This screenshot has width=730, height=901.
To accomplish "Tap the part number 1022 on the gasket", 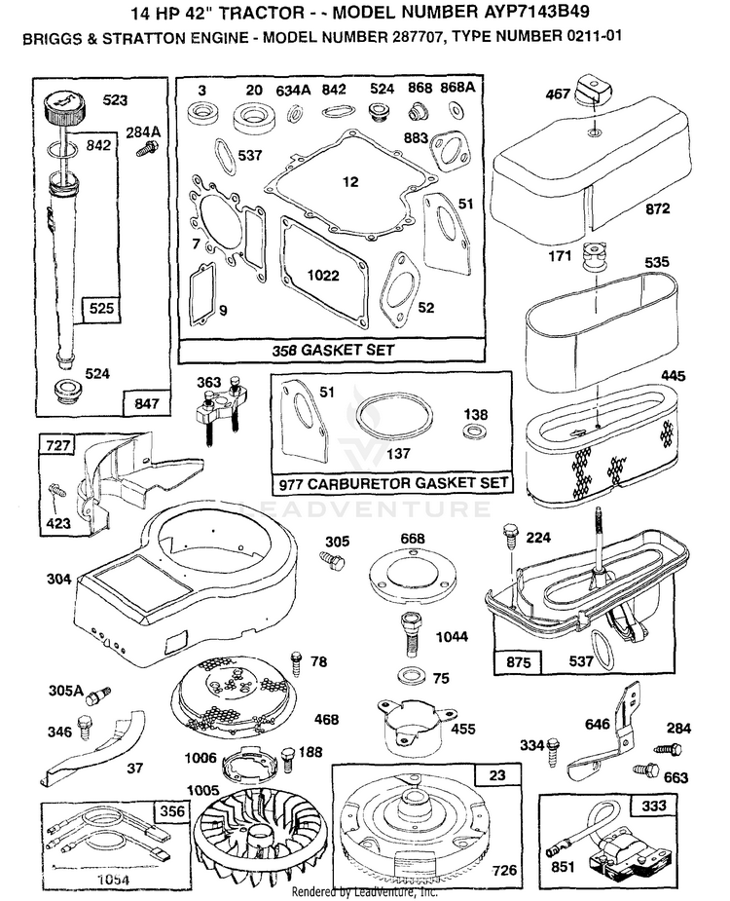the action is click(x=323, y=276).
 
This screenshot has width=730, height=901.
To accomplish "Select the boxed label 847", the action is click(x=146, y=403).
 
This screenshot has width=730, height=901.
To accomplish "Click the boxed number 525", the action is click(x=101, y=309).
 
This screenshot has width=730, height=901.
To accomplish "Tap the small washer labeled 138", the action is click(x=474, y=430).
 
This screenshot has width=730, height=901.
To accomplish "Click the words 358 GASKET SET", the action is click(x=333, y=350).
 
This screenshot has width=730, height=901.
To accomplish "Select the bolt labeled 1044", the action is click(x=412, y=634).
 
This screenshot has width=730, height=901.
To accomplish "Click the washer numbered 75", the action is click(x=409, y=673).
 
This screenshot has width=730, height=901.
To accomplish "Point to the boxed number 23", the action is click(x=497, y=775).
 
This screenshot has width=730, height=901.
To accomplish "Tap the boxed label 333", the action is click(x=654, y=807).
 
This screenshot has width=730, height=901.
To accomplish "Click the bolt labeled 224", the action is click(x=511, y=537).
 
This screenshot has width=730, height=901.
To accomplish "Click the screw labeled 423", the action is click(x=58, y=491).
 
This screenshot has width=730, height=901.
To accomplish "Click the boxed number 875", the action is click(x=518, y=662).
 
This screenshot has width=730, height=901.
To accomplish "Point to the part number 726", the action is click(x=505, y=871).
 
